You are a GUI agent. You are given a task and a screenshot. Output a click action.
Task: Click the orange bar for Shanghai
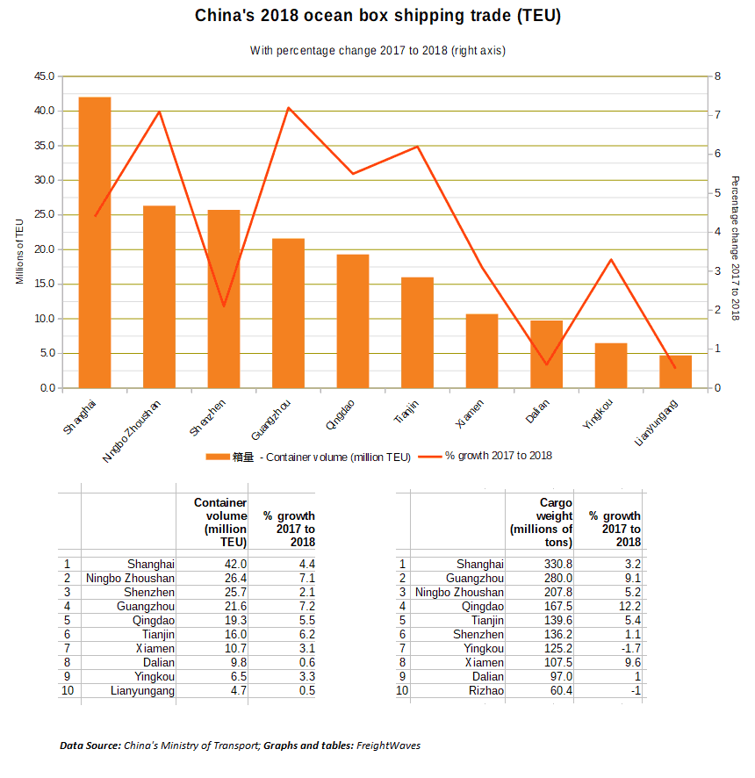(95, 242)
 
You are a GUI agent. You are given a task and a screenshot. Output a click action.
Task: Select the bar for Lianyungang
(675, 371)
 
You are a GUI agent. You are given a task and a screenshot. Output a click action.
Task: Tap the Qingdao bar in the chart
(353, 321)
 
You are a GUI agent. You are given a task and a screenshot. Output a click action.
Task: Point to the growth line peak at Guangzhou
(289, 108)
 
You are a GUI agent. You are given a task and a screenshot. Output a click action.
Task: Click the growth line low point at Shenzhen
(224, 306)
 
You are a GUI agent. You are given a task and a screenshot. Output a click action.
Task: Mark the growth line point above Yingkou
(611, 260)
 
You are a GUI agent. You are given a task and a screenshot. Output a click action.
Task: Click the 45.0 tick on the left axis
(44, 76)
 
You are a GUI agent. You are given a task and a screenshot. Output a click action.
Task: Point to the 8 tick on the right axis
(717, 76)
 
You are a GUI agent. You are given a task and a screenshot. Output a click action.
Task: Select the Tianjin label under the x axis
(406, 411)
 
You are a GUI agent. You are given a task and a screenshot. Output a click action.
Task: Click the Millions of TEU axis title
(19, 251)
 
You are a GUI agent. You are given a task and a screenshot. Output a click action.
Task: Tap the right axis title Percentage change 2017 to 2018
(735, 249)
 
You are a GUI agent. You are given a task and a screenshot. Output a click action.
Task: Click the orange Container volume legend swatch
(218, 457)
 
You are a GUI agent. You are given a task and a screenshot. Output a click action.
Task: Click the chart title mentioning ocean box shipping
(377, 16)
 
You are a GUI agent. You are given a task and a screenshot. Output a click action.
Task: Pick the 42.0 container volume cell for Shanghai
(235, 564)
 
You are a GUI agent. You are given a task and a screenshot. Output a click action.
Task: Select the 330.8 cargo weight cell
(558, 564)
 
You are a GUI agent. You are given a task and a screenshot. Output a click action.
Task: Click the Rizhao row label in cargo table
(486, 691)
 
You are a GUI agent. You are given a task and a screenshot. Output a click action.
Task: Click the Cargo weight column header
(541, 522)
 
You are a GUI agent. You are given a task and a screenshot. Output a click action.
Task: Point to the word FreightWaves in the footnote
(388, 746)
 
